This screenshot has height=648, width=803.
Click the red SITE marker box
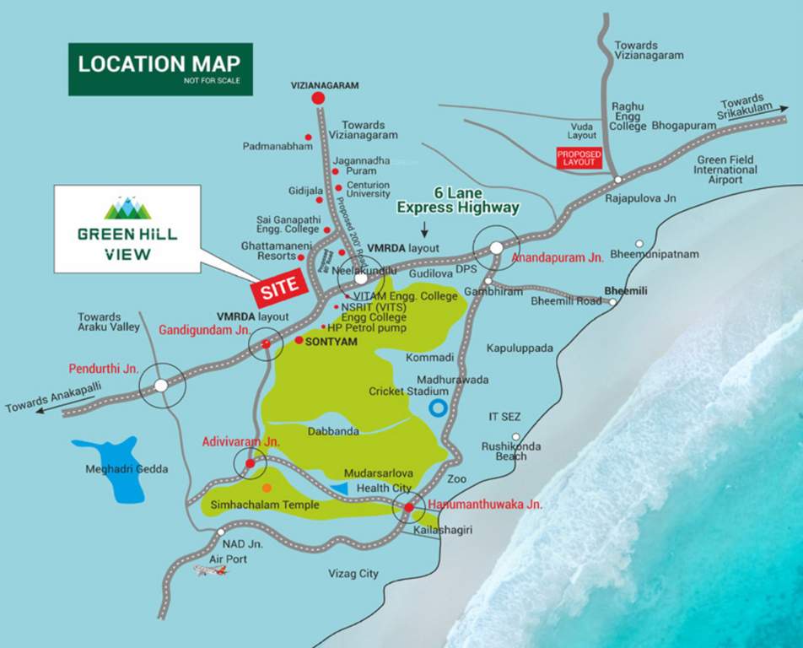pos(279,288)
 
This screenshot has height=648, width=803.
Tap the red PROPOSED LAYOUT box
pos(579,158)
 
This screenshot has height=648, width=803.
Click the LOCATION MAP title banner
pos(159,67)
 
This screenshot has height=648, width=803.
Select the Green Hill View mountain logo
pos(127,208)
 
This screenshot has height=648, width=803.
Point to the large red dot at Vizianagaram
pos(318,99)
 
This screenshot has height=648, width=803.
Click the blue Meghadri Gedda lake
pos(110,468)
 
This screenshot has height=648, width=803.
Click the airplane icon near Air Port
pos(210,571)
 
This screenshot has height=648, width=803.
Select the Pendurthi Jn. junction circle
pos(161,386)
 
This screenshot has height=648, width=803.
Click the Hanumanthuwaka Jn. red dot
pos(409,508)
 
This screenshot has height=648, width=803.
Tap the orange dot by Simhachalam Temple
pos(267,488)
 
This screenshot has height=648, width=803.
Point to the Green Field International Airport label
pos(725,170)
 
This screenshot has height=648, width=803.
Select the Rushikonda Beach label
pos(511,451)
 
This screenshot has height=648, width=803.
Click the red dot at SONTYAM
pos(299,340)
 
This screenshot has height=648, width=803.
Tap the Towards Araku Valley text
pos(99,321)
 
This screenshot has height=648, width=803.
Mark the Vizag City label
pos(353,574)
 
